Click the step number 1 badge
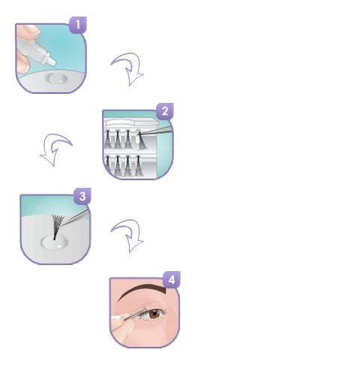coord(78,25)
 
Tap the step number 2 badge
coord(165,111)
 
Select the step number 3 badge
coord(82,196)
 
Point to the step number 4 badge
coord(172,279)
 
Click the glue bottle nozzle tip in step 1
coord(53,62)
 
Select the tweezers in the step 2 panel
coord(156,131)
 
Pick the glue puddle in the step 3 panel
coord(54,243)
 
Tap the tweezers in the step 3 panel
coord(75,217)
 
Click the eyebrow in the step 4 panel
coord(142,291)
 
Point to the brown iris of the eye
coord(154,314)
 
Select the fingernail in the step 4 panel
coord(115,318)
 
